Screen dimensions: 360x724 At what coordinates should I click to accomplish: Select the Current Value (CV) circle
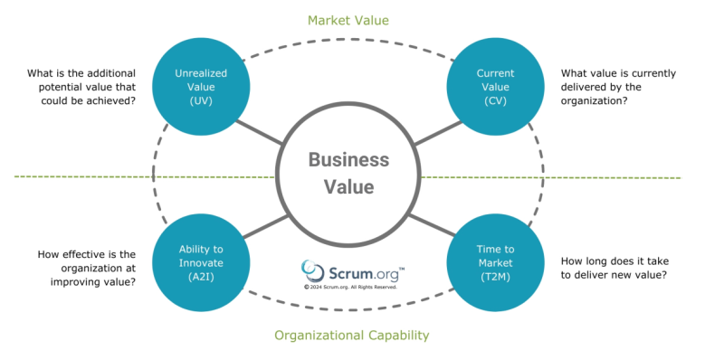pyautogui.click(x=495, y=87)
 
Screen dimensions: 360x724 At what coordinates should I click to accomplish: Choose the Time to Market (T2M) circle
pyautogui.click(x=495, y=262)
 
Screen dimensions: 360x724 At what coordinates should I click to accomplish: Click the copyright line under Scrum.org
pyautogui.click(x=351, y=287)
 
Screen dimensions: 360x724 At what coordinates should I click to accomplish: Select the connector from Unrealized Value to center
pyautogui.click(x=260, y=131)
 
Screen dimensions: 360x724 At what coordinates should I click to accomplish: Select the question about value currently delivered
pyautogui.click(x=619, y=87)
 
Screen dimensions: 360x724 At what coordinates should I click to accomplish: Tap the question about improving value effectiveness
pyautogui.click(x=87, y=268)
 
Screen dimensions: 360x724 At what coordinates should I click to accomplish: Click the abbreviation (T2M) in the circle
pyautogui.click(x=495, y=277)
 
